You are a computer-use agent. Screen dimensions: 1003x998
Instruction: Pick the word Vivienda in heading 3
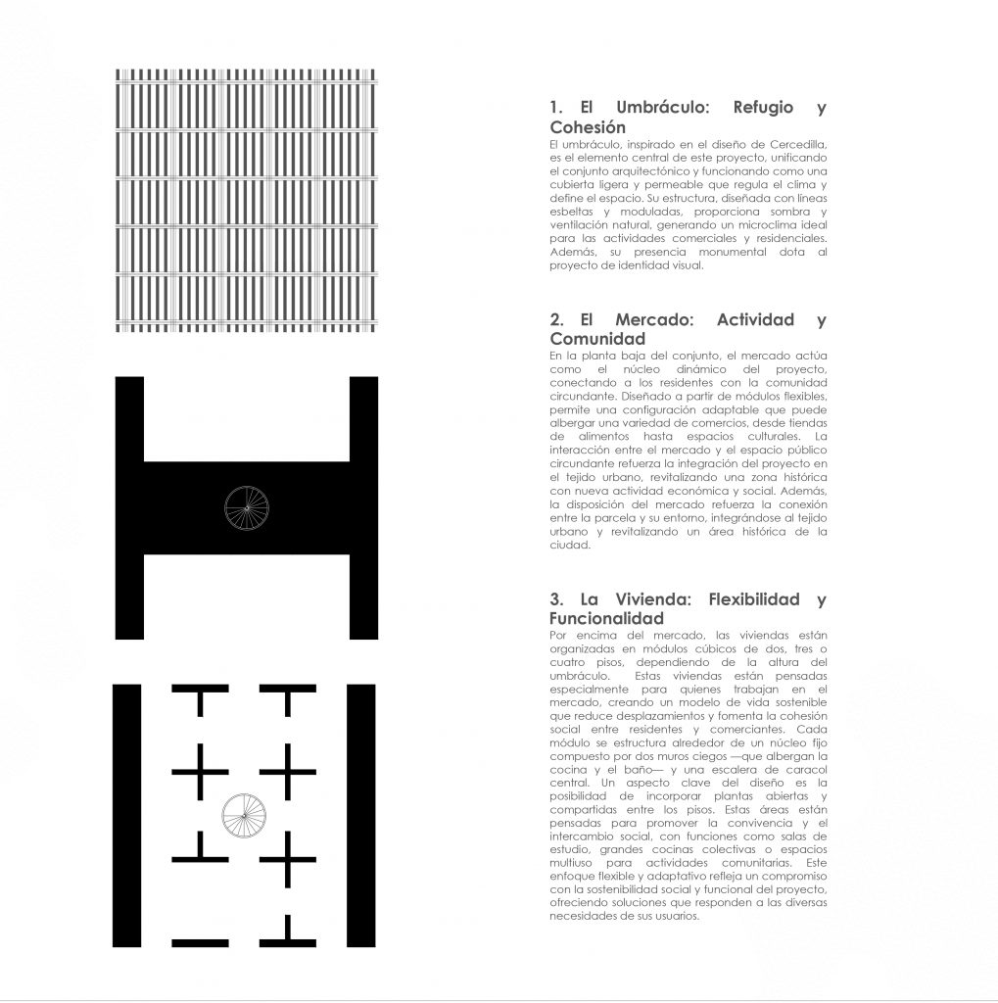click(652, 599)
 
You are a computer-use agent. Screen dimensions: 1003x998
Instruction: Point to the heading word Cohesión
click(588, 127)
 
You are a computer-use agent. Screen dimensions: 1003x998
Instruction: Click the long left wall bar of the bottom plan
click(126, 815)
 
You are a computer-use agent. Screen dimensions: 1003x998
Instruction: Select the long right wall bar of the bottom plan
click(361, 815)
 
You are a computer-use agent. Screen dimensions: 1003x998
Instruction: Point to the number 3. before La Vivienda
click(558, 599)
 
